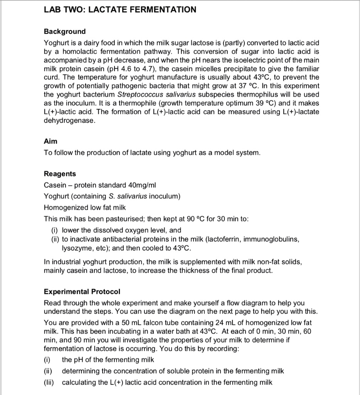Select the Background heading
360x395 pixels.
point(64,31)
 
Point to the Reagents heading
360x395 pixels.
point(60,174)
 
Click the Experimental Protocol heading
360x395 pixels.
point(82,291)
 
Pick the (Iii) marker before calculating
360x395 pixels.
point(49,382)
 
